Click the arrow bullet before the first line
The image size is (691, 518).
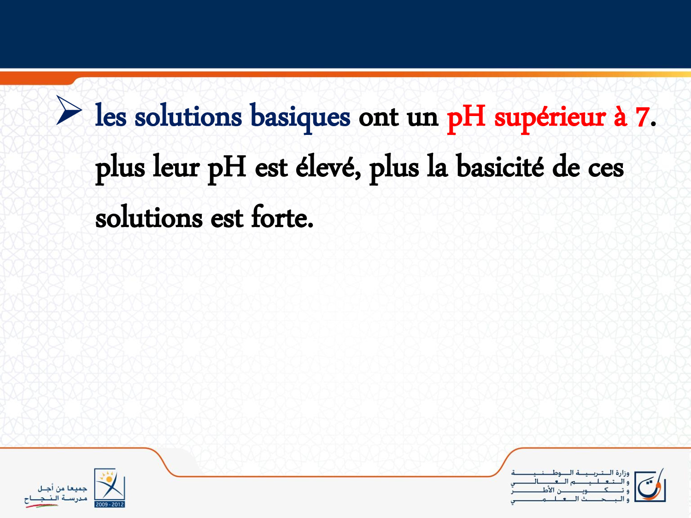click(x=69, y=110)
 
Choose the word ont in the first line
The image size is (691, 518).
click(x=378, y=118)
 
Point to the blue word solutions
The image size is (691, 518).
click(x=188, y=116)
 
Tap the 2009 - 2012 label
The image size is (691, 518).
click(x=110, y=504)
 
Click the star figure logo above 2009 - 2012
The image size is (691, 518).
click(x=110, y=484)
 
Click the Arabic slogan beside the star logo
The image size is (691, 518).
click(x=56, y=494)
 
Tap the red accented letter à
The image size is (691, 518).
click(x=620, y=116)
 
